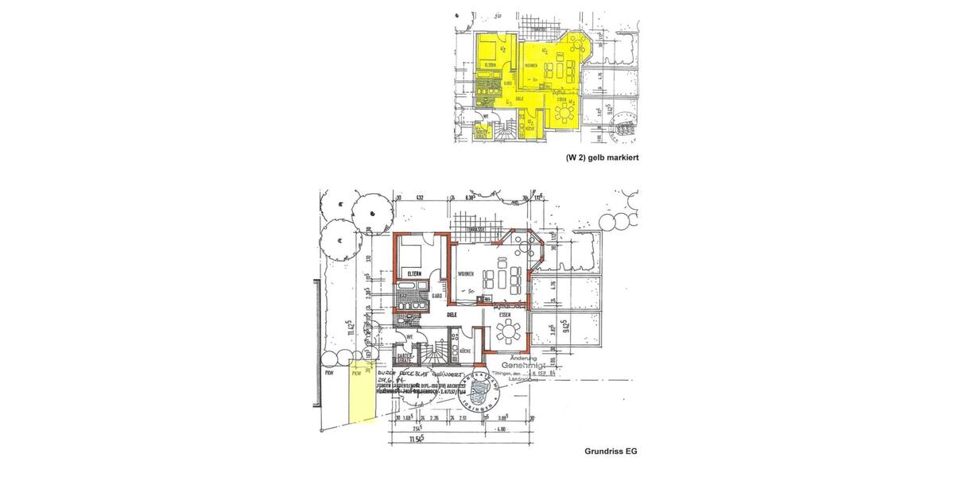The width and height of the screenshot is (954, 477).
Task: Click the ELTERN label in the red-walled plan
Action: (413, 273)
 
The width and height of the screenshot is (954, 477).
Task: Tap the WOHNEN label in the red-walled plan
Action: (467, 274)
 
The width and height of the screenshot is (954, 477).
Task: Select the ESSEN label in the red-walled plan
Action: (504, 315)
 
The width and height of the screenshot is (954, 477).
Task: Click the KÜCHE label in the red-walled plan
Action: (466, 351)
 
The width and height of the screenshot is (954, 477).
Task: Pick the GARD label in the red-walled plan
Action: (436, 296)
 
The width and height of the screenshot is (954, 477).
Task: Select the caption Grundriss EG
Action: (611, 452)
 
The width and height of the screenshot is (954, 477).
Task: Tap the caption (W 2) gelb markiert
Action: (602, 157)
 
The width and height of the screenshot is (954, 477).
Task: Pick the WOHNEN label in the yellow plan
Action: (531, 65)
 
